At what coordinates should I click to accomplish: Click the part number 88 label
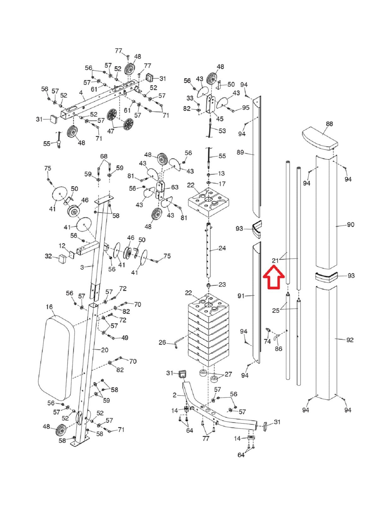[x=329, y=124]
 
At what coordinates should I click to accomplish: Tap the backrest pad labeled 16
[x=56, y=358]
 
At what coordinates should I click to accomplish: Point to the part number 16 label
[x=49, y=307]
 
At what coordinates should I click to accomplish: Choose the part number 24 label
[x=222, y=248]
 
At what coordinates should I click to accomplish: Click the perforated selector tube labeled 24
[x=209, y=249]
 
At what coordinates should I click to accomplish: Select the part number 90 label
[x=351, y=225]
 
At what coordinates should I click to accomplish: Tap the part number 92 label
[x=350, y=340]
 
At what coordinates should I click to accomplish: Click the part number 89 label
[x=240, y=152]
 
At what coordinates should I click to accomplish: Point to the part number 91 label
[x=241, y=296]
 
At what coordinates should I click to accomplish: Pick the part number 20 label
[x=105, y=350]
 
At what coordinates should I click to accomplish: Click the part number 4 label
[x=81, y=93]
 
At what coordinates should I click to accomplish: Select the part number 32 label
[x=48, y=256]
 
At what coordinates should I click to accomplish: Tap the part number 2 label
[x=174, y=395]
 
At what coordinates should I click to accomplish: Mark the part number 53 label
[x=222, y=131]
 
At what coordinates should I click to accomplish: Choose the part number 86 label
[x=278, y=349]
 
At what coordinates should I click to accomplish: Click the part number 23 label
[x=222, y=284]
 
